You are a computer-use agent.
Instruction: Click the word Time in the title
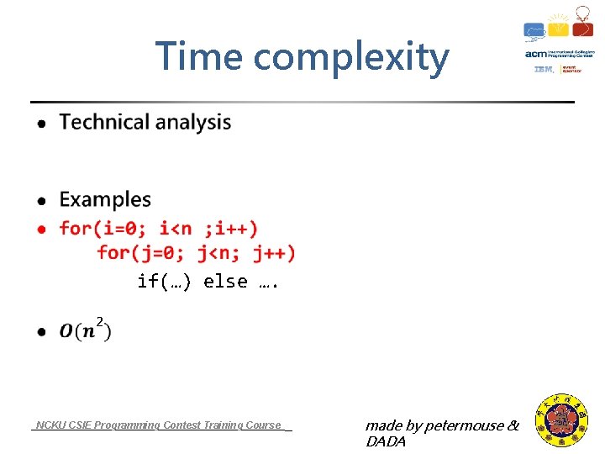point(199,57)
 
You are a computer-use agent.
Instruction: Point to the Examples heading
point(105,200)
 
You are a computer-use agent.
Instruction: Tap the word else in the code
point(225,282)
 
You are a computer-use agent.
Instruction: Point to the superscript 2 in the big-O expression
point(100,321)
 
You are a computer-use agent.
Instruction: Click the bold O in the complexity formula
point(66,331)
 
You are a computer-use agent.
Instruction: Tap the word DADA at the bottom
point(386,441)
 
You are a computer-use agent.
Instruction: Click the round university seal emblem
point(562,420)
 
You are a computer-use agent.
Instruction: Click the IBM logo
point(544,70)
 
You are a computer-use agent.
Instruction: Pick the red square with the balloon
point(582,28)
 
